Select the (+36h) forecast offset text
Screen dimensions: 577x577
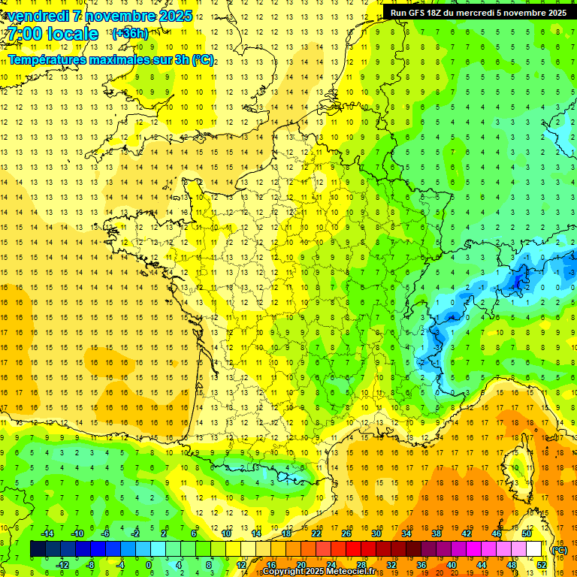click(x=129, y=33)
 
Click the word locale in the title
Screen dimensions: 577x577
click(x=74, y=34)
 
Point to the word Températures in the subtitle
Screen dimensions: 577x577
click(x=49, y=59)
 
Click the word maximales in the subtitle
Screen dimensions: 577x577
click(x=124, y=59)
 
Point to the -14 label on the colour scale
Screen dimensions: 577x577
click(x=47, y=533)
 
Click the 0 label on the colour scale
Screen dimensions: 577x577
click(x=149, y=565)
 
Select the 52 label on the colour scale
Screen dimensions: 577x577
click(x=541, y=565)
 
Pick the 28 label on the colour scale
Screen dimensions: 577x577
click(x=361, y=565)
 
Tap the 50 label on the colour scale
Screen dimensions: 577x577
click(x=526, y=533)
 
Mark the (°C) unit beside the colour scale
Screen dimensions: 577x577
click(x=560, y=550)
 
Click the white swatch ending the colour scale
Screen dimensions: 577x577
click(x=533, y=549)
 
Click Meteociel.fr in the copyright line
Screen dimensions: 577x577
click(x=351, y=572)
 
